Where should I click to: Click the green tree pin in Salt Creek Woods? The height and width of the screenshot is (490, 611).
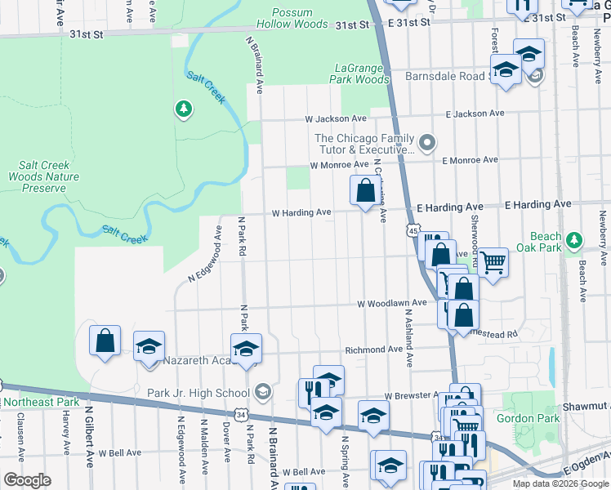pyautogui.click(x=184, y=109)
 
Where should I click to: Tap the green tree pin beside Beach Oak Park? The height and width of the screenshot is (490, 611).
pyautogui.click(x=574, y=239)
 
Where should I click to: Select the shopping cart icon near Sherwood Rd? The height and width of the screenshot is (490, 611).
pyautogui.click(x=493, y=263)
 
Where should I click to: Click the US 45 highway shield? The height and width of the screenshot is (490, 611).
pyautogui.click(x=414, y=232)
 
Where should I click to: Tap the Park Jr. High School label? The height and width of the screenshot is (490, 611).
pyautogui.click(x=198, y=393)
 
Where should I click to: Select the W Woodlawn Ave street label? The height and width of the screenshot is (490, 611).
pyautogui.click(x=392, y=303)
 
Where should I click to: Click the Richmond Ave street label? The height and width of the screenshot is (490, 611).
pyautogui.click(x=374, y=349)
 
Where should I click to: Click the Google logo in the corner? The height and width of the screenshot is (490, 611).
pyautogui.click(x=27, y=480)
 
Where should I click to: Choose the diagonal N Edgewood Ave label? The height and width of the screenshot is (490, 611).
pyautogui.click(x=205, y=254)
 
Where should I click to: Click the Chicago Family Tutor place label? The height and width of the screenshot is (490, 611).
pyautogui.click(x=365, y=144)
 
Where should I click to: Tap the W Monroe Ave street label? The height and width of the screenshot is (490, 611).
pyautogui.click(x=339, y=165)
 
